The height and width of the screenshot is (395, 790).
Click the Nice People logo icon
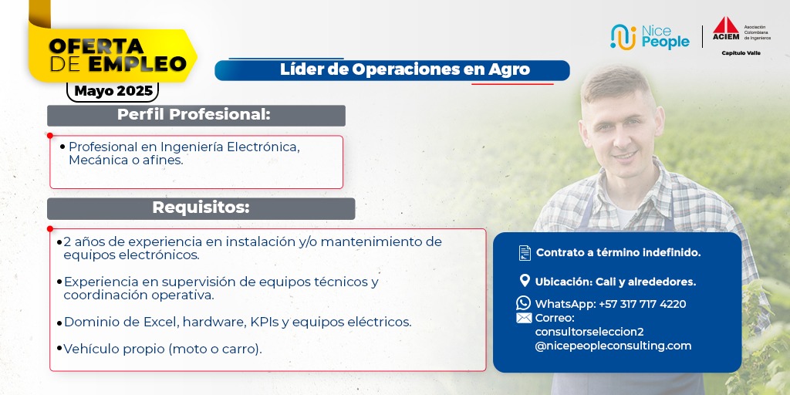623,37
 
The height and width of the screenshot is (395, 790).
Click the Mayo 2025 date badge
113,91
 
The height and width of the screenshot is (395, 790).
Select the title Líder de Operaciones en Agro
405,70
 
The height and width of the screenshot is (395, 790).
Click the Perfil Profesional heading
194,114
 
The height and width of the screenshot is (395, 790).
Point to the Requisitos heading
201,208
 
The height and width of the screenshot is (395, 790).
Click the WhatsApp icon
524,302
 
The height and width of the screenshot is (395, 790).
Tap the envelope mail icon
524,318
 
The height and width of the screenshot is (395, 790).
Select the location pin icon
525,281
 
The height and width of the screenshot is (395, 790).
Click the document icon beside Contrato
525,252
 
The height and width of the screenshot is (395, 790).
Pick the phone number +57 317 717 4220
643,304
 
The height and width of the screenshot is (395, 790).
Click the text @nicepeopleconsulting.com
613,346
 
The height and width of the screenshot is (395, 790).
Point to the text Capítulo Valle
741,53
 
